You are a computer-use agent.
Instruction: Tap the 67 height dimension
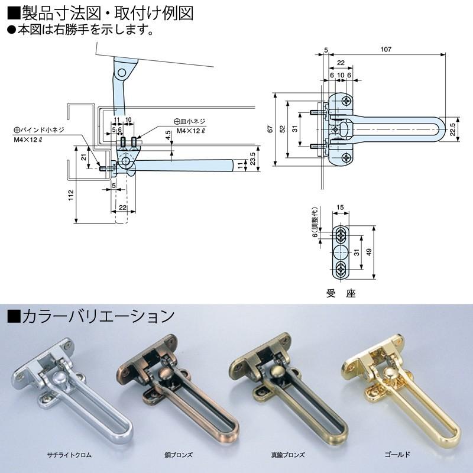pos(269,129)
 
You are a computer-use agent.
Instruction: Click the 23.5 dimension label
pos(252,160)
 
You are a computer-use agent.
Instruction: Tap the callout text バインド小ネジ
pos(43,129)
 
